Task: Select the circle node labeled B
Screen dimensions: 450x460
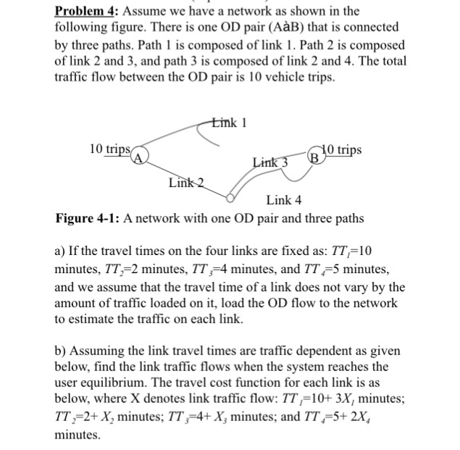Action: pyautogui.click(x=314, y=156)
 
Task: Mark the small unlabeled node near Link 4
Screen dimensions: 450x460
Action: pyautogui.click(x=231, y=196)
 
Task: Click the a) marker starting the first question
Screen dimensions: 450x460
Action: pyautogui.click(x=61, y=252)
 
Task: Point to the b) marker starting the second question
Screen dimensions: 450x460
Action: pyautogui.click(x=62, y=350)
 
